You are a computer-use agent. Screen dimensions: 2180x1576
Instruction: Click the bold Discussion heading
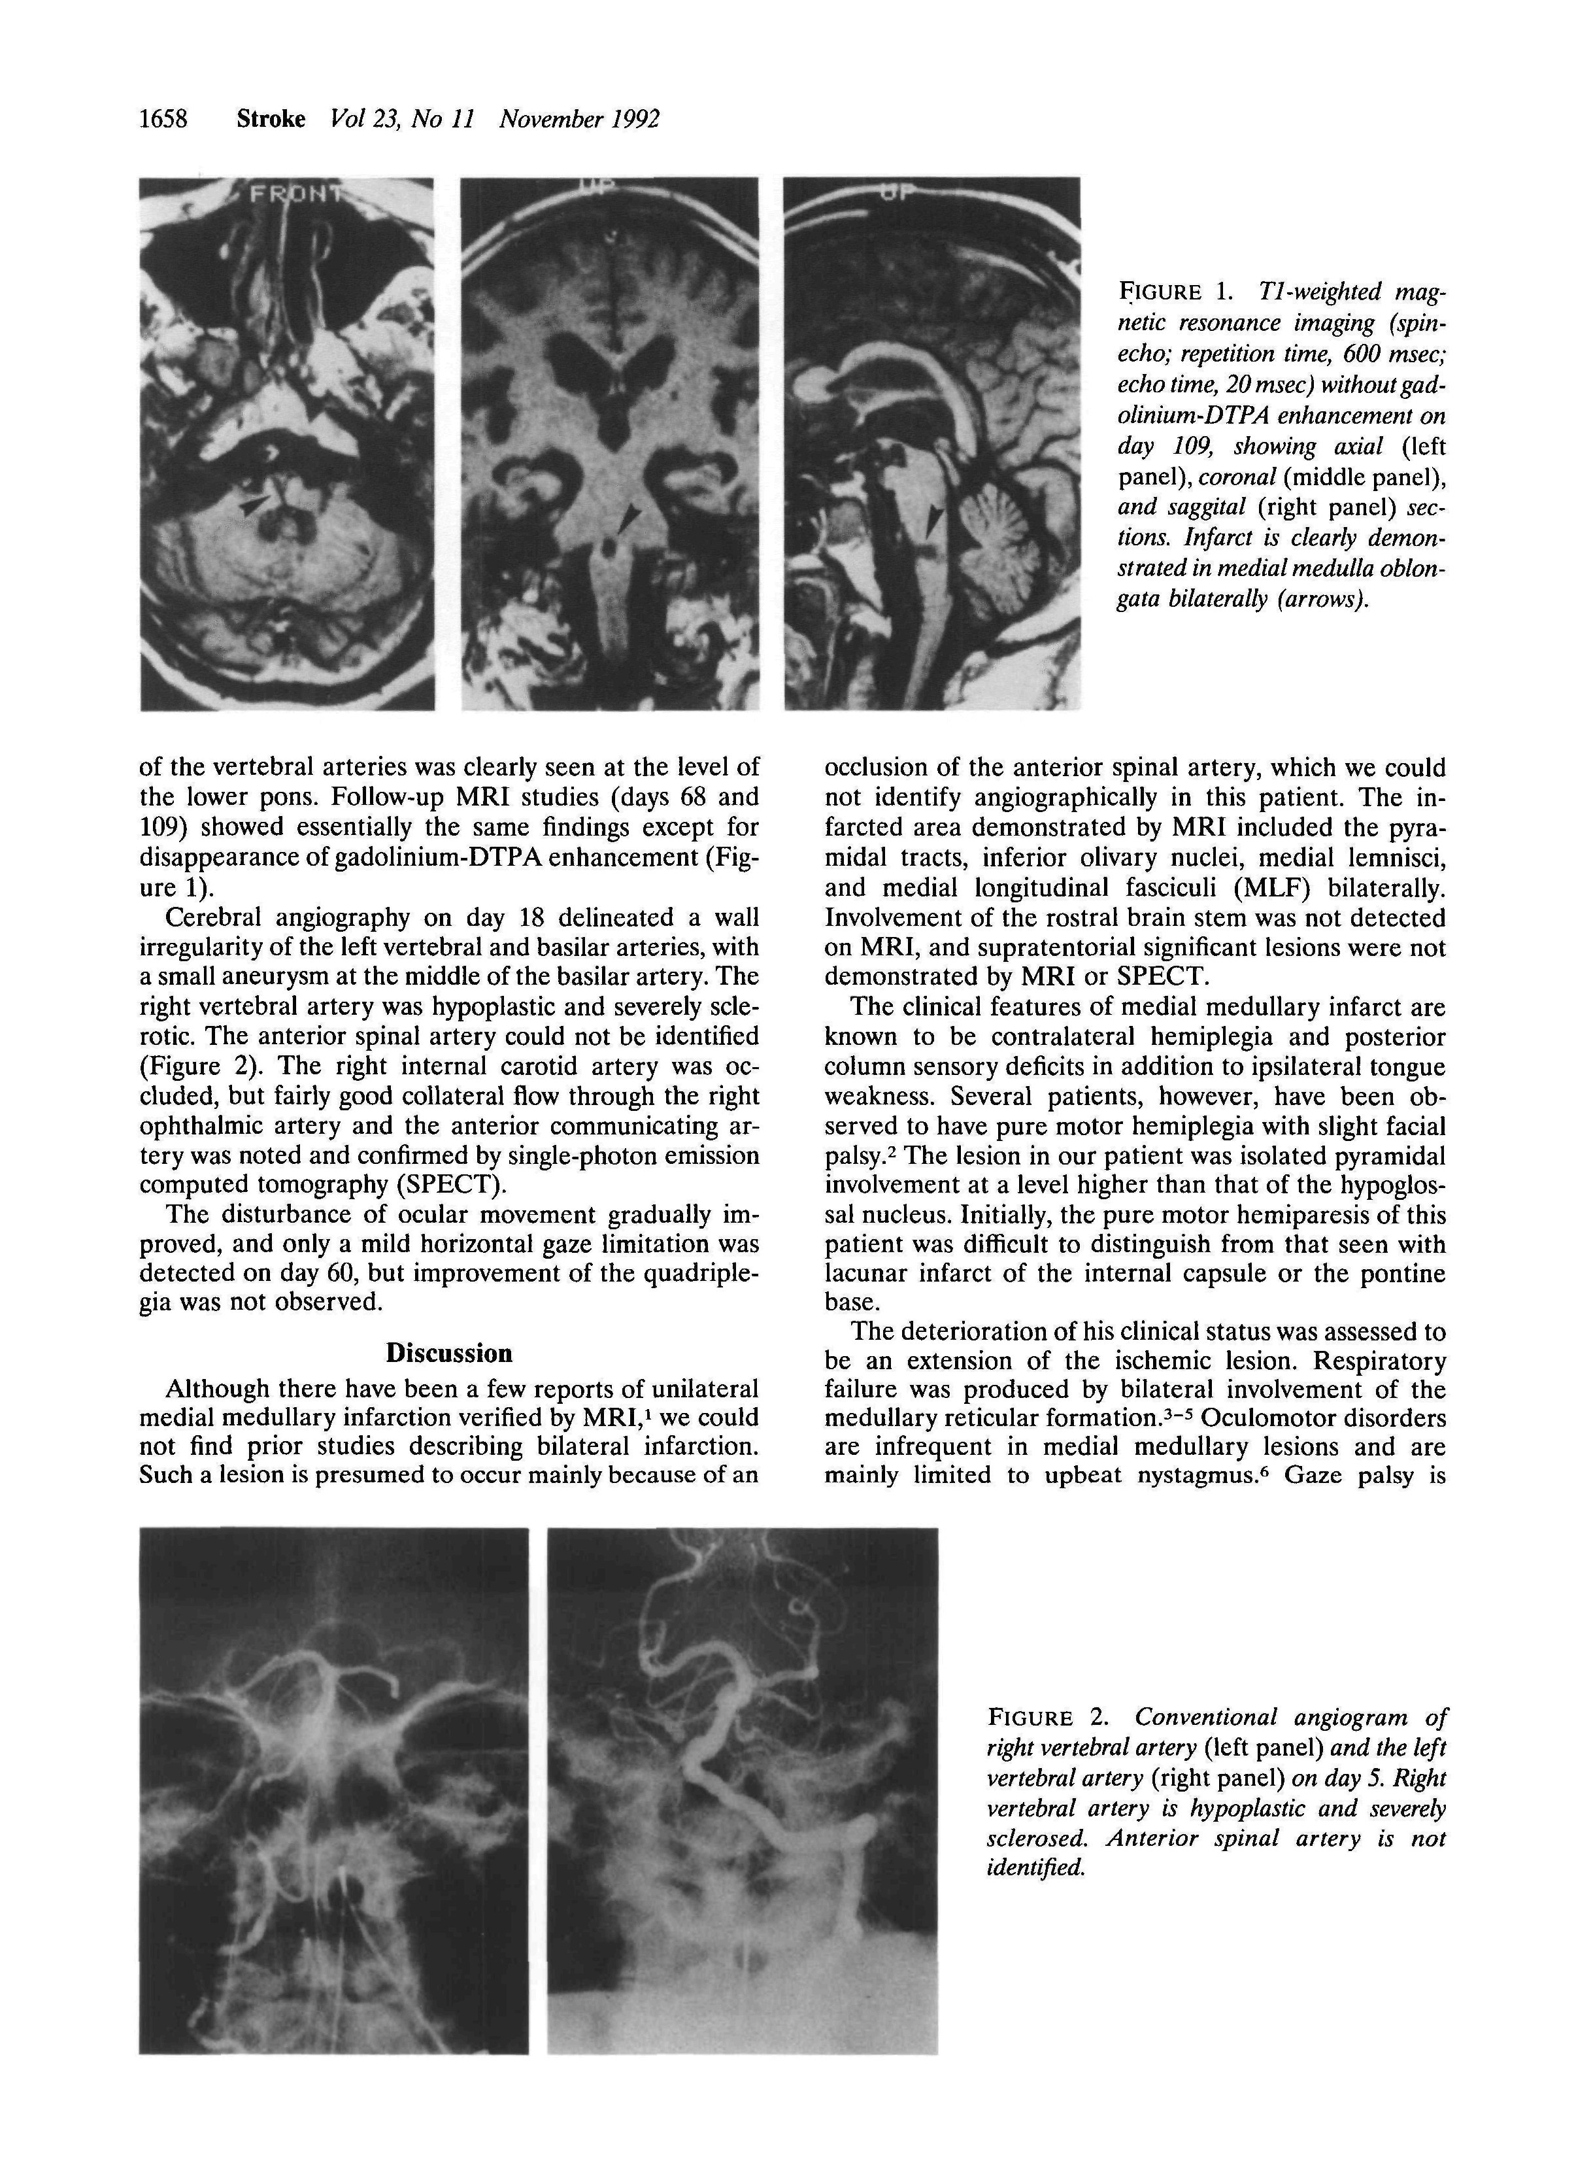[x=449, y=1354]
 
